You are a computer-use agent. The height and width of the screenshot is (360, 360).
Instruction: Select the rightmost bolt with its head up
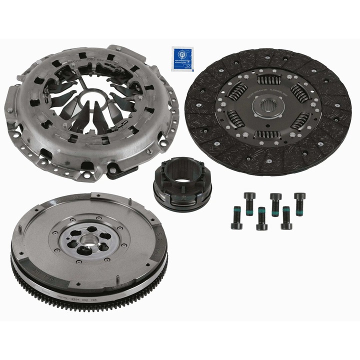coord(299,203)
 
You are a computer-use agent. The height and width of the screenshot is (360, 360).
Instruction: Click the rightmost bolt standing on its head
coord(286,218)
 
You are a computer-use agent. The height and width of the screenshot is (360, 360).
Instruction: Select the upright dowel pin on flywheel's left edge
coord(20,230)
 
